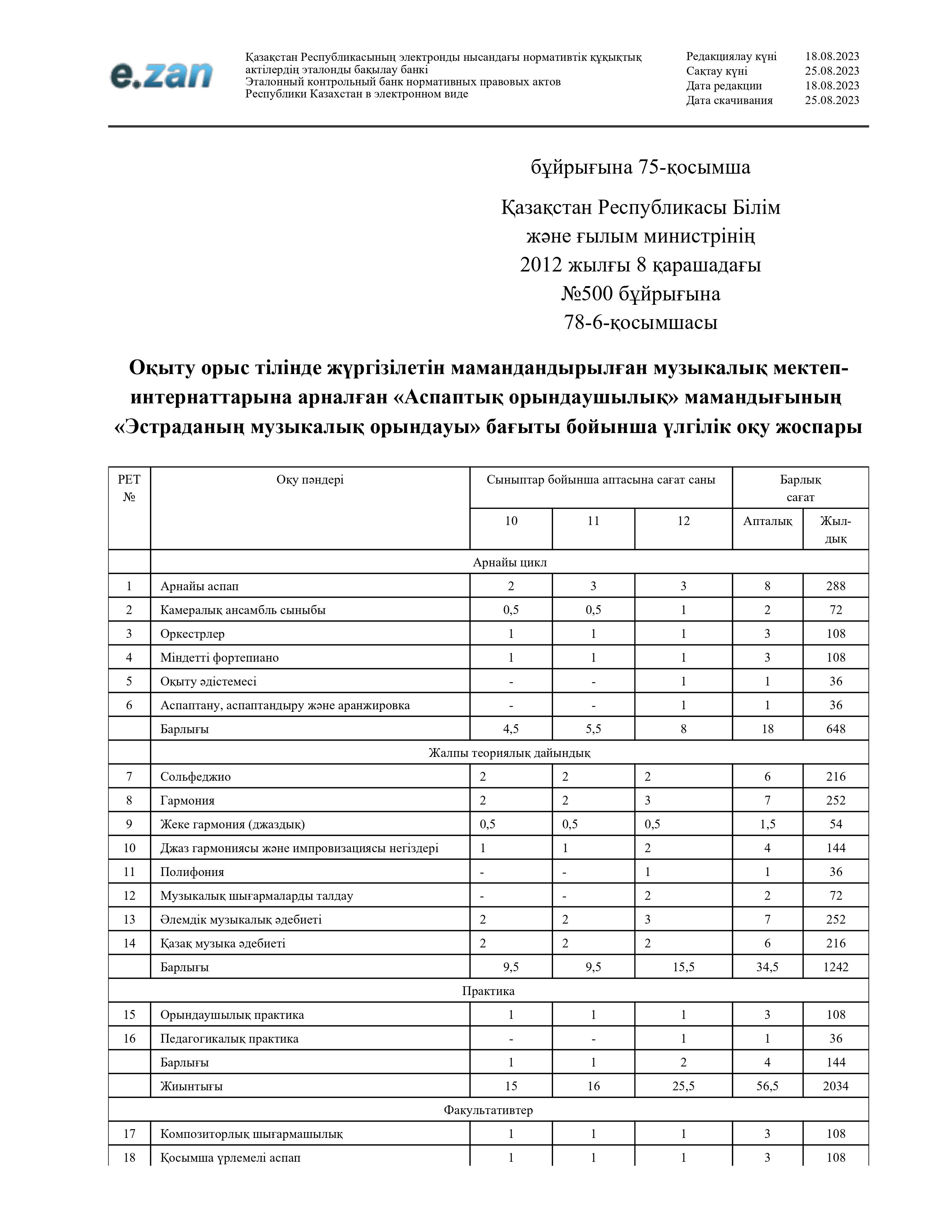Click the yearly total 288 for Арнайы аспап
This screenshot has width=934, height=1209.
coord(835,586)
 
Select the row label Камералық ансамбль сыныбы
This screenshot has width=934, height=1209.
coord(243,610)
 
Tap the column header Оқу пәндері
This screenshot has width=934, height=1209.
coord(310,480)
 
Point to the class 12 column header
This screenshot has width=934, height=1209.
coord(683,520)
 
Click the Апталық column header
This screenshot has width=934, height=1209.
coord(767,520)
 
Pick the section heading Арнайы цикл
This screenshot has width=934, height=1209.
coord(509,562)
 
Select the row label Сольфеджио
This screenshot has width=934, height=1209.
coord(195,776)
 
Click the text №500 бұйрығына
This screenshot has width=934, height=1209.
coord(641,293)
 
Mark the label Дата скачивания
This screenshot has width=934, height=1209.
coord(729,100)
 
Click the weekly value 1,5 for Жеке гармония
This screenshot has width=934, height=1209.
coord(767,824)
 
